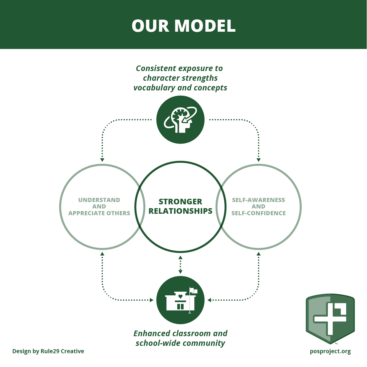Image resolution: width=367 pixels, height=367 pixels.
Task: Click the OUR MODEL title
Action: [x=184, y=26]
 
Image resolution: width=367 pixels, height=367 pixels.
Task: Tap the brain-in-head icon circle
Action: [x=180, y=120]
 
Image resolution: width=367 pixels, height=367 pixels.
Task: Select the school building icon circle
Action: [x=180, y=300]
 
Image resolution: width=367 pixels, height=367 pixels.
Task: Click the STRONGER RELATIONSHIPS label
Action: [x=180, y=206]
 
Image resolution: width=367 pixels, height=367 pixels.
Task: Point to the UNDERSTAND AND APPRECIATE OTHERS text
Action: [x=99, y=206]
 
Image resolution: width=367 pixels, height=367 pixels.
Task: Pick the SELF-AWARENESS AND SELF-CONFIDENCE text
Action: [x=258, y=206]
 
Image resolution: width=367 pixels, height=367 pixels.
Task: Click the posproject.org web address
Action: [x=330, y=351]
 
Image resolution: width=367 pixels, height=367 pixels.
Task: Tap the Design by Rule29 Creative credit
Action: [x=48, y=351]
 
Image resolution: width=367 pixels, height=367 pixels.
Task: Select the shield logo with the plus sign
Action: [x=330, y=319]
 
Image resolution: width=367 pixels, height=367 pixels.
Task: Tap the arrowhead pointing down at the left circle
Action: [x=102, y=160]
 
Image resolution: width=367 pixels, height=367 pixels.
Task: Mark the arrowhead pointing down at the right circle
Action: [x=259, y=160]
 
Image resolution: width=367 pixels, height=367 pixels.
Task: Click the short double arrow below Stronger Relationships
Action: [x=180, y=265]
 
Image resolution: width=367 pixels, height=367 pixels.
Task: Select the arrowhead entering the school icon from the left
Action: [x=151, y=300]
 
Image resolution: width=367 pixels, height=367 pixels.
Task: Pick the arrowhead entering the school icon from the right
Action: [x=209, y=300]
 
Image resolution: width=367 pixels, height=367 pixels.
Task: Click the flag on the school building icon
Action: [x=194, y=291]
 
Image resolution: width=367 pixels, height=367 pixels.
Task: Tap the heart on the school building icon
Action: [x=180, y=296]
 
